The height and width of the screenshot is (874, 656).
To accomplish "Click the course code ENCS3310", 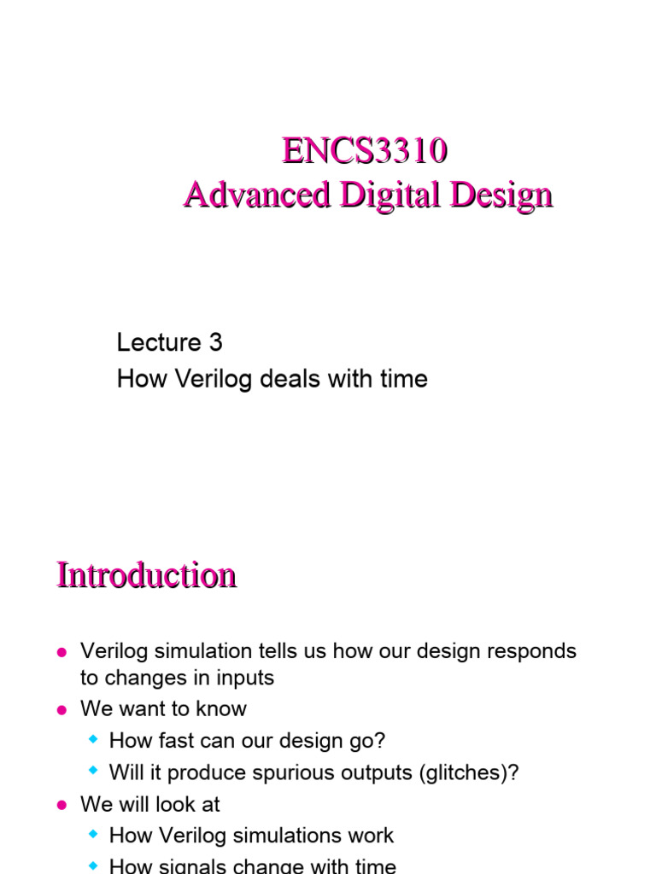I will click(x=365, y=152).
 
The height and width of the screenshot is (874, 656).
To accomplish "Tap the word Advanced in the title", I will click(x=256, y=195).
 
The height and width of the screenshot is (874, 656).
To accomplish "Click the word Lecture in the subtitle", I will click(x=159, y=342).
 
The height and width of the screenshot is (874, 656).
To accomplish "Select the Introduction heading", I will click(x=146, y=574).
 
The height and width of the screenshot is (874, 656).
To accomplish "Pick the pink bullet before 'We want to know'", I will click(x=61, y=710).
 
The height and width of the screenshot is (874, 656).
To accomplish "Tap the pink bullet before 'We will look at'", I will click(x=61, y=805).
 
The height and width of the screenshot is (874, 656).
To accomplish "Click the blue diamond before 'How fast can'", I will click(x=94, y=740).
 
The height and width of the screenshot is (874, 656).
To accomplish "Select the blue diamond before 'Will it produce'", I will click(x=94, y=772).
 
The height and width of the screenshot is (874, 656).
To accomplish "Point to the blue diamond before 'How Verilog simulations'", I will click(x=94, y=835).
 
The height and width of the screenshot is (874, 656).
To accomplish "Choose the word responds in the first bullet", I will click(x=532, y=651).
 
